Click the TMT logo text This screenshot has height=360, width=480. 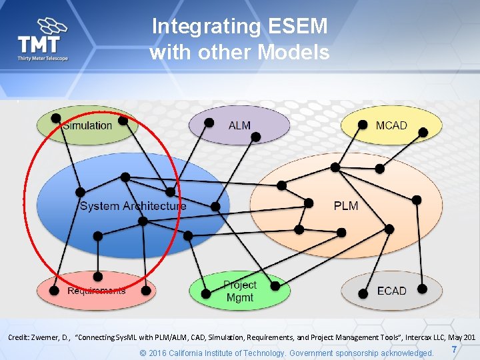(x=38, y=45)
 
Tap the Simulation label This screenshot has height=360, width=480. (x=88, y=125)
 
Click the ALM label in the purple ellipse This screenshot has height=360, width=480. (x=239, y=125)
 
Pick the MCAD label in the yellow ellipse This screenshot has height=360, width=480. (x=391, y=125)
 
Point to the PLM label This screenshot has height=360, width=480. (x=346, y=205)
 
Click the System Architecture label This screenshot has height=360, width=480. (x=133, y=206)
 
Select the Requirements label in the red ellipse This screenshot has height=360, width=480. (x=97, y=291)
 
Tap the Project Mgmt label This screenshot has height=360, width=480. (x=240, y=291)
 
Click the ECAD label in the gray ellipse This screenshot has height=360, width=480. (x=391, y=291)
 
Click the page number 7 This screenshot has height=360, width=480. (x=454, y=350)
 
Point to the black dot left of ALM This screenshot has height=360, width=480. (x=209, y=123)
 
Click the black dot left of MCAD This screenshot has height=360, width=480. (x=363, y=124)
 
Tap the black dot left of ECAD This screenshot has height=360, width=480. (x=363, y=292)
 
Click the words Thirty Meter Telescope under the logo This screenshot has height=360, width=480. (x=43, y=59)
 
